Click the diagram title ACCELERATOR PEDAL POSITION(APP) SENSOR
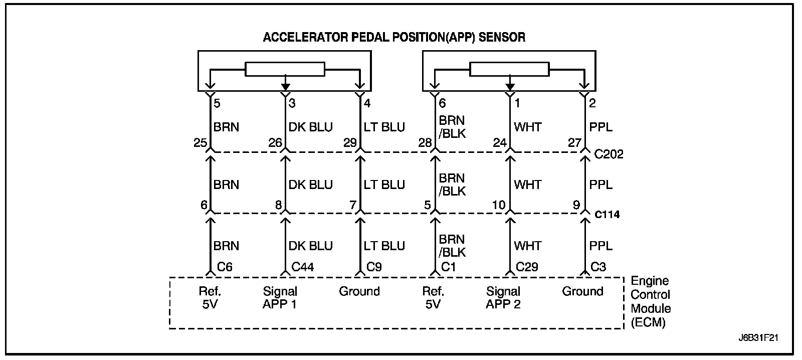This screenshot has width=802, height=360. [x=394, y=37]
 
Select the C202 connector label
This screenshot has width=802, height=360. [x=609, y=154]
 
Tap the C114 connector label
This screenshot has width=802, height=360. [x=607, y=215]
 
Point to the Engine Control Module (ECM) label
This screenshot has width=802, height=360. [x=651, y=302]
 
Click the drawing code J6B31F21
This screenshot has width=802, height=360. [x=758, y=338]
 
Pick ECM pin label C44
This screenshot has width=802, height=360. [x=303, y=267]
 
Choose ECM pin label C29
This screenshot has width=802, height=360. [x=527, y=267]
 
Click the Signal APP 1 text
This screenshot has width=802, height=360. [x=280, y=298]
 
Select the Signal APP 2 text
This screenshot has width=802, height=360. [x=503, y=298]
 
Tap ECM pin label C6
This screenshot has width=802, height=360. [x=225, y=267]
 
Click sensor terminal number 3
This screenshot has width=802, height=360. [x=292, y=103]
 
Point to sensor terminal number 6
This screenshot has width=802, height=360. [x=442, y=103]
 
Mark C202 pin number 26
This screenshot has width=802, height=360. [x=275, y=143]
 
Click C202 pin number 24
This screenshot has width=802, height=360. [x=500, y=143]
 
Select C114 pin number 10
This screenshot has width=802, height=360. [x=499, y=205]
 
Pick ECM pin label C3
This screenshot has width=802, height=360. [x=598, y=267]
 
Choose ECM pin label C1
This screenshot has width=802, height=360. [x=448, y=267]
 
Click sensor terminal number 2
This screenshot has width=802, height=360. [x=592, y=103]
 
